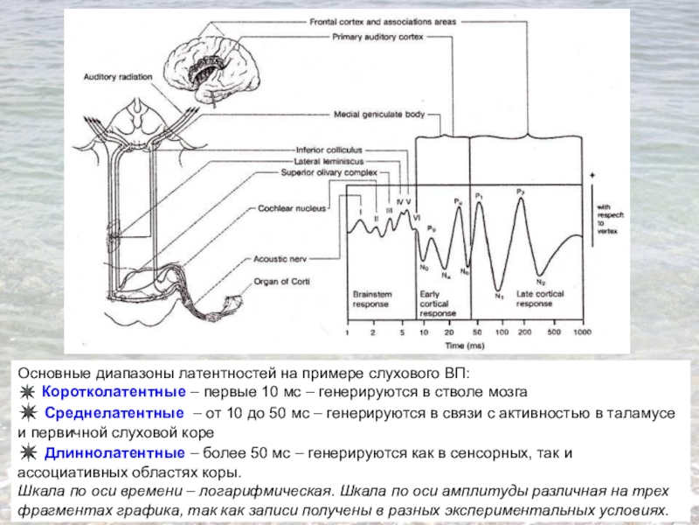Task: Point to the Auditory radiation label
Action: click(119, 77)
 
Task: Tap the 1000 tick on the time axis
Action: click(582, 333)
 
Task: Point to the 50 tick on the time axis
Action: click(475, 333)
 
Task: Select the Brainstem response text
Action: click(371, 299)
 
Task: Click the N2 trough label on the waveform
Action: click(541, 282)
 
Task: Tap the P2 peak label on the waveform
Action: click(521, 191)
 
